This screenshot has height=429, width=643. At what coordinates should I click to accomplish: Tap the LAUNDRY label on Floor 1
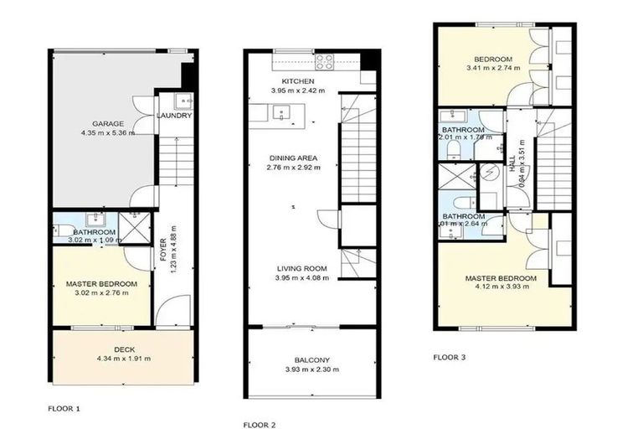[175, 116]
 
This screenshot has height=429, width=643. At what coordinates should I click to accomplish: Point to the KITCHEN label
[297, 80]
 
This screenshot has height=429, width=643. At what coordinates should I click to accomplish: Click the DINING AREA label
[297, 158]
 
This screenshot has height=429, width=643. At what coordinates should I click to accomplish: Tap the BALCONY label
[310, 361]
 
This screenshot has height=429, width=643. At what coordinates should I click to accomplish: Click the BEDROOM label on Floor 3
[492, 59]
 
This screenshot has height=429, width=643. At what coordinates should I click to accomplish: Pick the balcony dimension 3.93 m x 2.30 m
[310, 371]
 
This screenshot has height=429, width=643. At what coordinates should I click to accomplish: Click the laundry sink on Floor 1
[183, 102]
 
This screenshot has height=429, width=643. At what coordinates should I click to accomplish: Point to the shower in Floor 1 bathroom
[131, 225]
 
